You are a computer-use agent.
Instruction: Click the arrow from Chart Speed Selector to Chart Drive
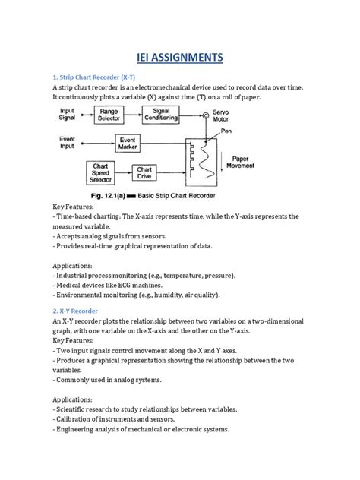coord(124,173)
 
